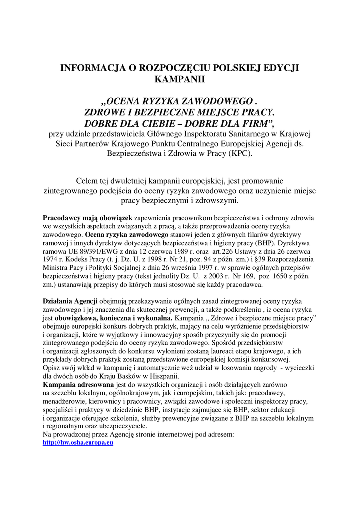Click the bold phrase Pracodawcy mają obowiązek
coord(87,218)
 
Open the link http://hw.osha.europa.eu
coord(78,442)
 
